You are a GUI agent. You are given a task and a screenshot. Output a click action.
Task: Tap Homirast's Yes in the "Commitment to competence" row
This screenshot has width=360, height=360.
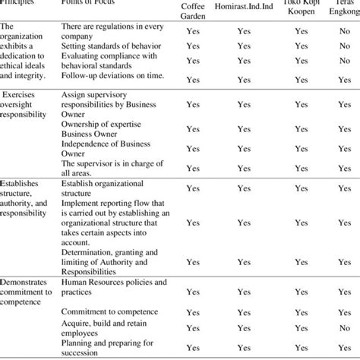(244, 311)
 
